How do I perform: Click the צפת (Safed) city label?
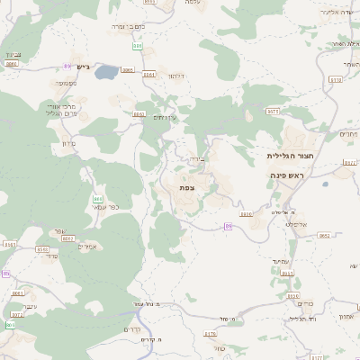187,186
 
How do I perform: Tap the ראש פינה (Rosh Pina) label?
287,175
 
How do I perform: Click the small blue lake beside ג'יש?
106,71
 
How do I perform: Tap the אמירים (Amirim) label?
87,247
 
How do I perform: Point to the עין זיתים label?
165,117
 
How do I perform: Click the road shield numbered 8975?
273,111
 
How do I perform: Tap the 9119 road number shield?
336,80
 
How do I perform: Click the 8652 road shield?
324,236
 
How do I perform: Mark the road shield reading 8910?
246,214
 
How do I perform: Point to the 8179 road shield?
211,335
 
